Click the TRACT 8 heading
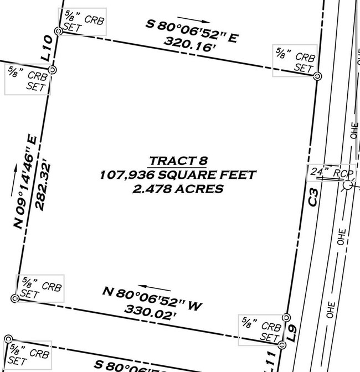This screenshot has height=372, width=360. (177, 161)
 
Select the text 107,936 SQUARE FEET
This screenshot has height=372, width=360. (178, 175)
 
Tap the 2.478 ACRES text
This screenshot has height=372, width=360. (178, 189)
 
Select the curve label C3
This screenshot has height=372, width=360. (313, 198)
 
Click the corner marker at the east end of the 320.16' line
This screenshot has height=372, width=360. (317, 76)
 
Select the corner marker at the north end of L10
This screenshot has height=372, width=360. (58, 32)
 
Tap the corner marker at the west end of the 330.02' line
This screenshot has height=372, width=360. (15, 298)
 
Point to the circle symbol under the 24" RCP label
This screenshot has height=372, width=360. (347, 185)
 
